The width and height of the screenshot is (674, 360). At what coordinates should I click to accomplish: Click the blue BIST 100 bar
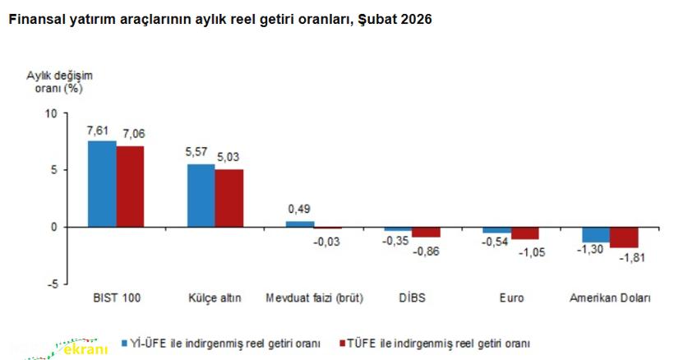[x=102, y=183]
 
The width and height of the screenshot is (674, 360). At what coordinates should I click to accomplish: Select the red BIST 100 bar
[x=130, y=186]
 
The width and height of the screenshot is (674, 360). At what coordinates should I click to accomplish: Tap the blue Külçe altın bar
[x=201, y=195]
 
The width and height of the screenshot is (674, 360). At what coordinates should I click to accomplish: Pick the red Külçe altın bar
[x=229, y=197]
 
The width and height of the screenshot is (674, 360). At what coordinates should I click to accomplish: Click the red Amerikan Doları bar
[x=624, y=237]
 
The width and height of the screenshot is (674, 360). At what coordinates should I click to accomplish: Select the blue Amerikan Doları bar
[x=596, y=234]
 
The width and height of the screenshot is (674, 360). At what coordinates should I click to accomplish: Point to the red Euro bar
[x=525, y=233]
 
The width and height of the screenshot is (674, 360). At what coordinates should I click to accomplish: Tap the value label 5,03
[x=229, y=156]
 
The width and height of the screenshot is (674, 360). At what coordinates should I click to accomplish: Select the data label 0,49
[x=299, y=209]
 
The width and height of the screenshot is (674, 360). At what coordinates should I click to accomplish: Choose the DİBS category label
[x=412, y=298]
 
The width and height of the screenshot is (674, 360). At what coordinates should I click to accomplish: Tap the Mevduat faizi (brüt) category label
[x=314, y=298]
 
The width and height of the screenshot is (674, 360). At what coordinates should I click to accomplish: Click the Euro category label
[x=510, y=298]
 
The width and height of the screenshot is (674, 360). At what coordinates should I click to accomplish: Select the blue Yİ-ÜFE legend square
[x=126, y=342]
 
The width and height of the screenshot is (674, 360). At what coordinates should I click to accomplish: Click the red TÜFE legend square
[x=341, y=342]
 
